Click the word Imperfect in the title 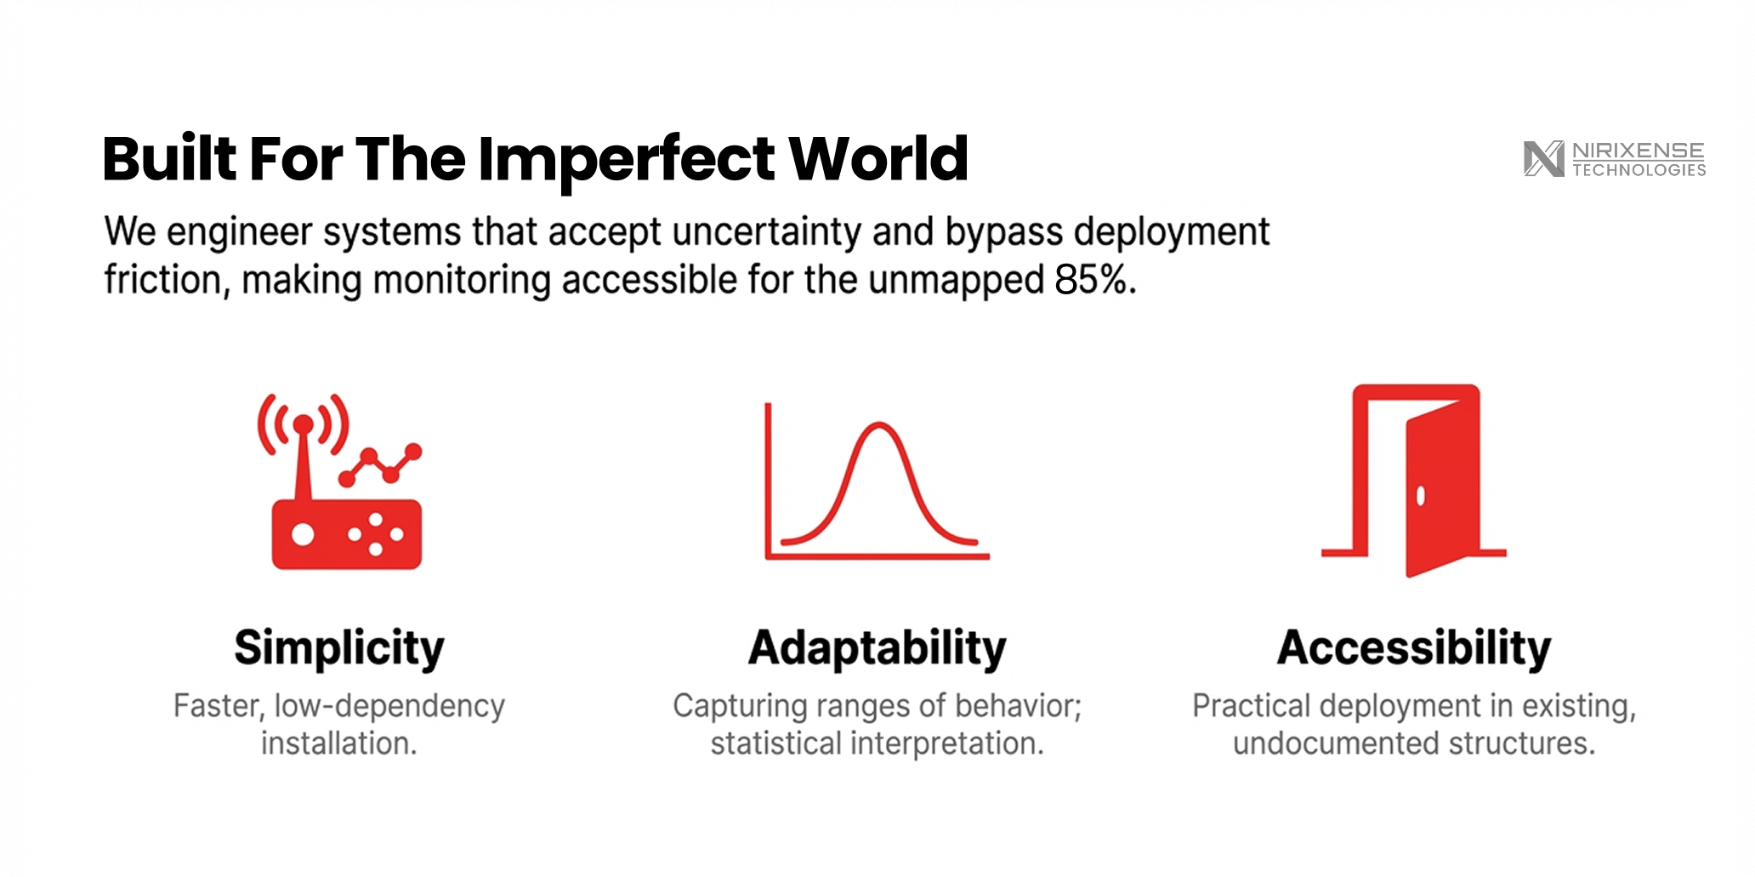coord(627,160)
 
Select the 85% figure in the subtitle coord(1095,279)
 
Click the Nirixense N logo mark coord(1544,159)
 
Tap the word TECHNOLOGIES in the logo coord(1639,170)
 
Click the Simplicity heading coord(339,649)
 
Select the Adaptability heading coord(877,649)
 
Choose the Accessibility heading coord(1414,649)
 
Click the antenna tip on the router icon coord(303,424)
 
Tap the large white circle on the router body coord(303,534)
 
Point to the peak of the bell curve coord(878,424)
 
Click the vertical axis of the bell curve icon coord(768,481)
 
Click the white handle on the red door coord(1420,496)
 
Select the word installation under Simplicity coord(338,743)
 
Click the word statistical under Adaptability coord(775,743)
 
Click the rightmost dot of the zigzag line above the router coord(413,452)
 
